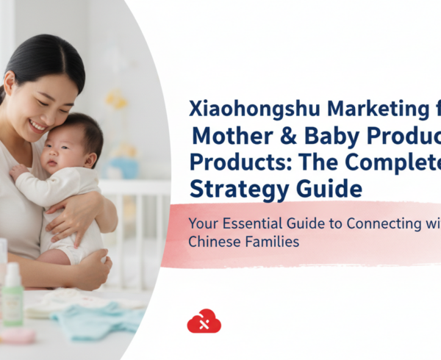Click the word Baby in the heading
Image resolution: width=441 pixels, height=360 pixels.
(x=318, y=137)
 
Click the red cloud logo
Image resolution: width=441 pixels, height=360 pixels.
(x=204, y=321)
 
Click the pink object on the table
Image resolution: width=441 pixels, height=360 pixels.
(x=18, y=336)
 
